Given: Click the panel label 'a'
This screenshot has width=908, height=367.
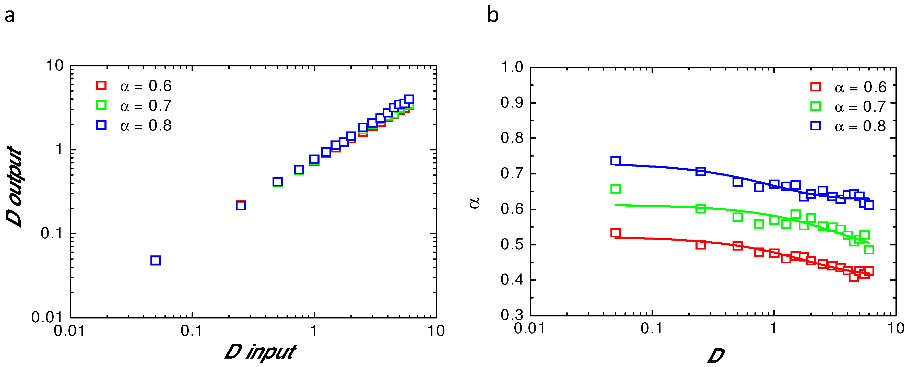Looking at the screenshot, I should click(x=9, y=16).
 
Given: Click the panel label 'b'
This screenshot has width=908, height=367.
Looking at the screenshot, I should click(x=493, y=16).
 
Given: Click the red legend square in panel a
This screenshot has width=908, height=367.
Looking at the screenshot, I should click(x=101, y=86).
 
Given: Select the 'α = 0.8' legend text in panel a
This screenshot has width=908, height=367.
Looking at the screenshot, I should click(x=146, y=125).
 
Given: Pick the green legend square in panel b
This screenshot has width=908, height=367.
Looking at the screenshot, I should click(x=815, y=106).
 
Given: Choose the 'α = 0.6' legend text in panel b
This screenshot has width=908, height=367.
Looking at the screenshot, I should click(x=860, y=87).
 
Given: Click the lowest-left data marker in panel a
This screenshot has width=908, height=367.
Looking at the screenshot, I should click(x=156, y=260).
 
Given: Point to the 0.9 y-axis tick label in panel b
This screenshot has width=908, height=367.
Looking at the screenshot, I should click(x=512, y=103).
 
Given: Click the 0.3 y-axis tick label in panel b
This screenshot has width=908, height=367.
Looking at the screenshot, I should click(x=512, y=315).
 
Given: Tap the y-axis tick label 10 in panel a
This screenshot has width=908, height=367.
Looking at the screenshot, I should click(x=55, y=66).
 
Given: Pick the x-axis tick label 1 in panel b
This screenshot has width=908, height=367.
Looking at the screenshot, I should click(x=774, y=329).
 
